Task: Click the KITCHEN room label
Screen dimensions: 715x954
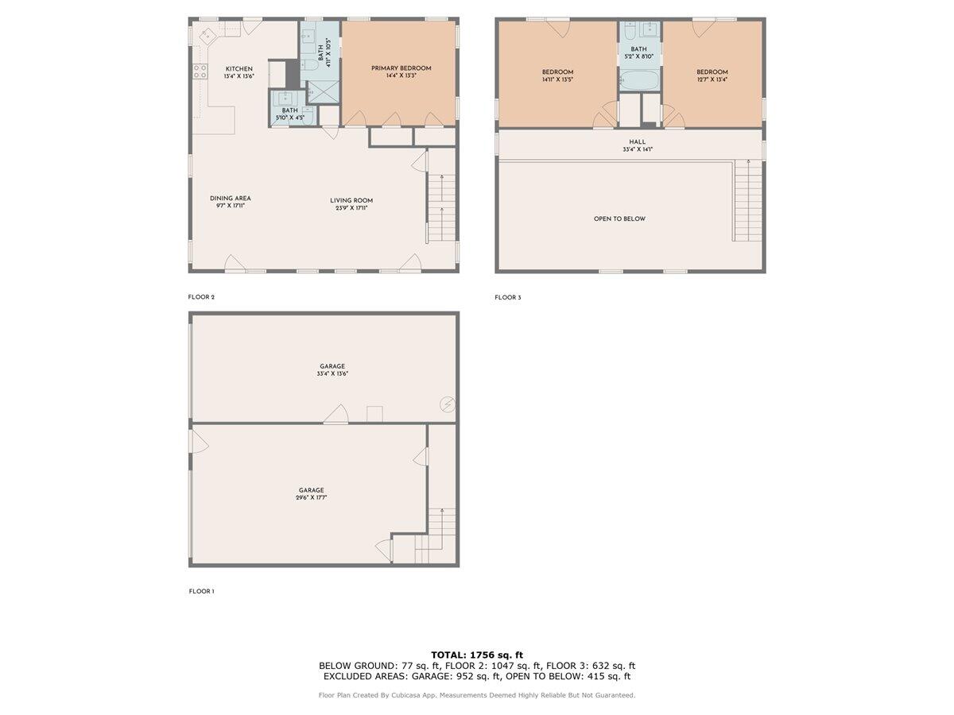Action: coord(239,68)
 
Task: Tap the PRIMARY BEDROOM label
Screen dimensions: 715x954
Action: coord(401,68)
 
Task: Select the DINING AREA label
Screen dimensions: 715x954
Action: coord(231,199)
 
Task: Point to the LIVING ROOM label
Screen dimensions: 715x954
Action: coord(351,200)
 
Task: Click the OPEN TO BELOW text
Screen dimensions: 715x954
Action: coord(619,218)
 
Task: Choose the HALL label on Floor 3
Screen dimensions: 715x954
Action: coord(638,142)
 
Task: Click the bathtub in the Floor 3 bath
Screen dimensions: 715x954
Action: coord(639,80)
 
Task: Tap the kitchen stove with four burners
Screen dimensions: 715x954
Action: coord(200,72)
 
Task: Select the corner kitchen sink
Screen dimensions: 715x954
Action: coord(207,36)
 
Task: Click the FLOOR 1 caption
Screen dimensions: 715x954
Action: coord(201,591)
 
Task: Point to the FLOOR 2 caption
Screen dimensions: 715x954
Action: coord(201,297)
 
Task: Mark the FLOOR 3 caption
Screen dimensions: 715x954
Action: coord(508,298)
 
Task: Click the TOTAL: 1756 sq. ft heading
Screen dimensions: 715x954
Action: coord(477,655)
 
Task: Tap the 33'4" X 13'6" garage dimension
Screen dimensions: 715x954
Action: coord(332,374)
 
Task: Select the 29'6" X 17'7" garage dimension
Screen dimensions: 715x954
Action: coord(311,498)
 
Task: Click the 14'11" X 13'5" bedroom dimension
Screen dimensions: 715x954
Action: coord(557,79)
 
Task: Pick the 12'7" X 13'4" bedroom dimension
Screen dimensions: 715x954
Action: coord(712,79)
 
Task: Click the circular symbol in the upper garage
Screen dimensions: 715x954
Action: coord(448,405)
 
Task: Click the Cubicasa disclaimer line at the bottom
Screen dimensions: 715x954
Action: coord(477,695)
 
